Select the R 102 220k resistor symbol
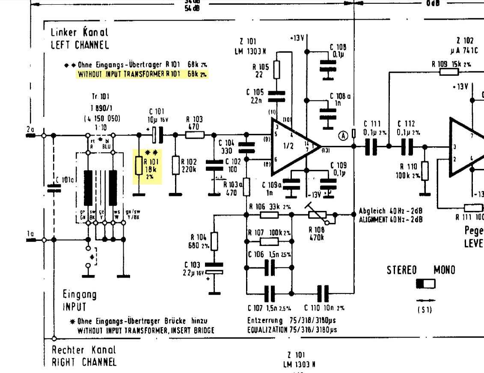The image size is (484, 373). tap(175, 166)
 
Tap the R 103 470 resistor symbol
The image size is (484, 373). tap(195, 135)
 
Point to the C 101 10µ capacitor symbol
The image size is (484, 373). tap(157, 135)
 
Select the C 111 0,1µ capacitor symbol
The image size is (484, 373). tap(371, 146)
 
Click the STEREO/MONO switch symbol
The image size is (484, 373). tap(425, 284)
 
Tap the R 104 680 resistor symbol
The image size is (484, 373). tap(214, 241)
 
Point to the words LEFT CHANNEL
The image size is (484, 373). tap(80, 45)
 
